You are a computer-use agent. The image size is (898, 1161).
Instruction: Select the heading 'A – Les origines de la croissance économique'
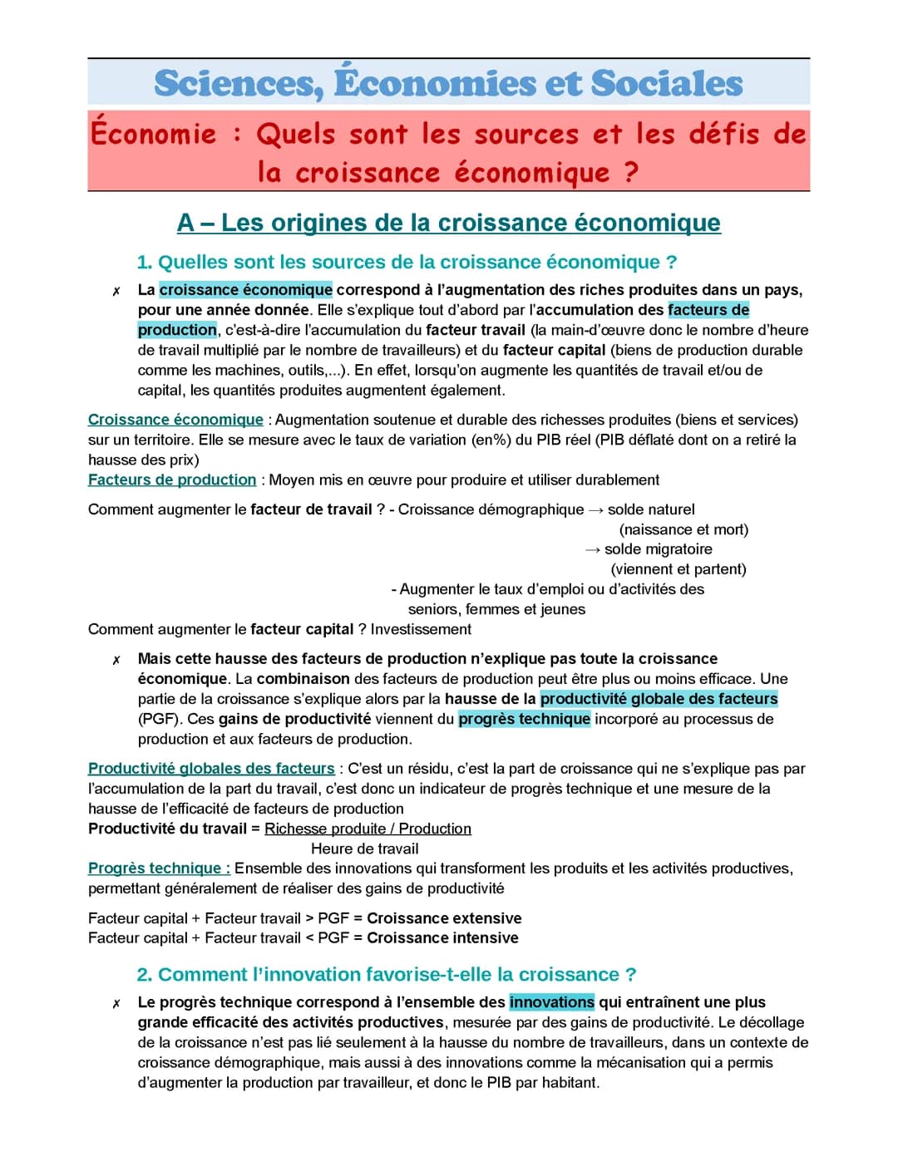pyautogui.click(x=448, y=223)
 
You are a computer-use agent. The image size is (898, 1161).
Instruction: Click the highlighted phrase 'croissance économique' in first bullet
pyautogui.click(x=245, y=290)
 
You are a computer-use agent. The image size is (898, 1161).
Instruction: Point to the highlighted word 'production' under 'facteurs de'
pyautogui.click(x=177, y=330)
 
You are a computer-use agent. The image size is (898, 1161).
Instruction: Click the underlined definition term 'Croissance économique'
pyautogui.click(x=175, y=420)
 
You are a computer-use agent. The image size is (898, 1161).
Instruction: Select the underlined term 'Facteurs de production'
pyautogui.click(x=172, y=480)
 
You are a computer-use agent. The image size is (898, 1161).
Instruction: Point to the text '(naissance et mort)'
pyautogui.click(x=683, y=529)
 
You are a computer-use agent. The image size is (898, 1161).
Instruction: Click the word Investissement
pyautogui.click(x=421, y=629)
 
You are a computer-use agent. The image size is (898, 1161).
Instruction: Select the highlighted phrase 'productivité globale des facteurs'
pyautogui.click(x=659, y=699)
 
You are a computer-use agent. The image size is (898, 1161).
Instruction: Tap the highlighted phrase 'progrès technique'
pyautogui.click(x=524, y=719)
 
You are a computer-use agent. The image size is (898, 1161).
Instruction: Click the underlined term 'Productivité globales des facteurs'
pyautogui.click(x=211, y=769)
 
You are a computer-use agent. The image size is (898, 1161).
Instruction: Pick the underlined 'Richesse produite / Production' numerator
pyautogui.click(x=368, y=829)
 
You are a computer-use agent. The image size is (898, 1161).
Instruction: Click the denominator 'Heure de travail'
pyautogui.click(x=364, y=849)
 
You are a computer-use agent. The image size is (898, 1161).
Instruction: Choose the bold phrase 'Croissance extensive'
pyautogui.click(x=444, y=918)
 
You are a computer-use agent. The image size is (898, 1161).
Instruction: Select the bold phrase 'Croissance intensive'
pyautogui.click(x=442, y=938)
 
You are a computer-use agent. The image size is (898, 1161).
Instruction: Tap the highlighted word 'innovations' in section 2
pyautogui.click(x=551, y=1002)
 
